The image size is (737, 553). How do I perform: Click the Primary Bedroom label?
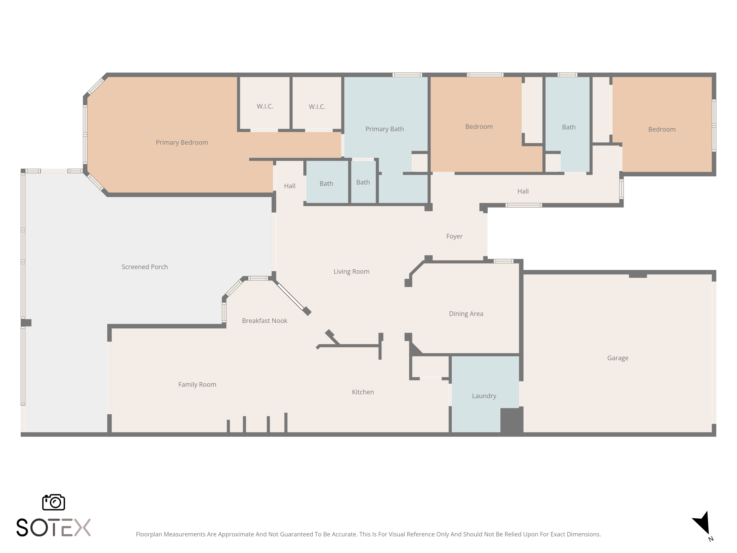(x=182, y=142)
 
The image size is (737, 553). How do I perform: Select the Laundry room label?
(x=484, y=396)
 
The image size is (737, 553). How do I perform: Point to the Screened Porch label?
(x=145, y=267)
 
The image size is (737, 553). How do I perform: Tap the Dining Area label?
(x=466, y=313)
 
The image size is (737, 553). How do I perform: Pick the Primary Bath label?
(x=384, y=129)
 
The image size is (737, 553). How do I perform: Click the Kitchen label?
(x=363, y=392)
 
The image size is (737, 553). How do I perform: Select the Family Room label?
(x=197, y=384)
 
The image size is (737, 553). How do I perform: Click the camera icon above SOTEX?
(x=53, y=502)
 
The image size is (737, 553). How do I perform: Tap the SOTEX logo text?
(x=53, y=527)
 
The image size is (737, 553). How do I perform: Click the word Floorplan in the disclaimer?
(x=149, y=534)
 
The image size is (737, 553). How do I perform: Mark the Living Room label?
(x=352, y=271)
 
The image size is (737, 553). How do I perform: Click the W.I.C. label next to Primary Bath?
(x=317, y=107)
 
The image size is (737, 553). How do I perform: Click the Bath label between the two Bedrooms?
(x=568, y=127)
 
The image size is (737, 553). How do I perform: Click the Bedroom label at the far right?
(x=662, y=129)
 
